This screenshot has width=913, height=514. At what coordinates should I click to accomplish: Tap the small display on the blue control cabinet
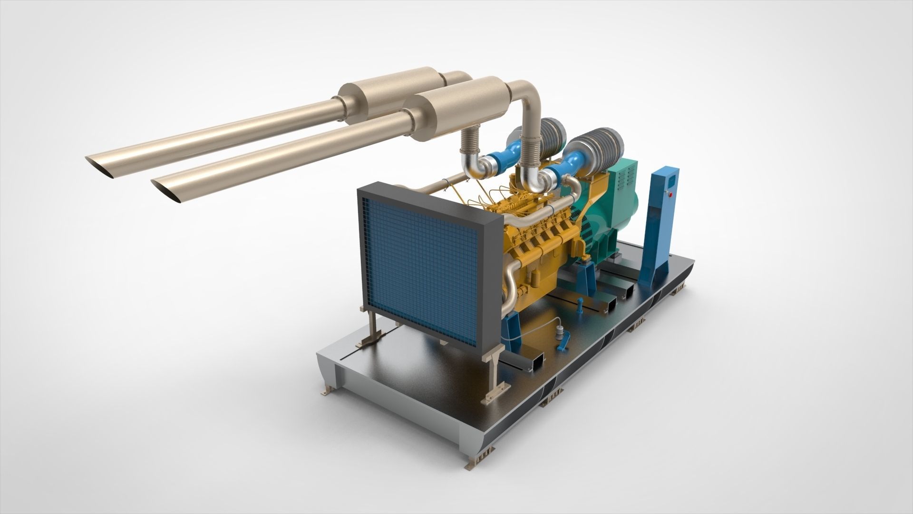[672, 181]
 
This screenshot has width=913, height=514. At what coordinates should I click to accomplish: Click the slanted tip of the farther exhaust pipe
[101, 167]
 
